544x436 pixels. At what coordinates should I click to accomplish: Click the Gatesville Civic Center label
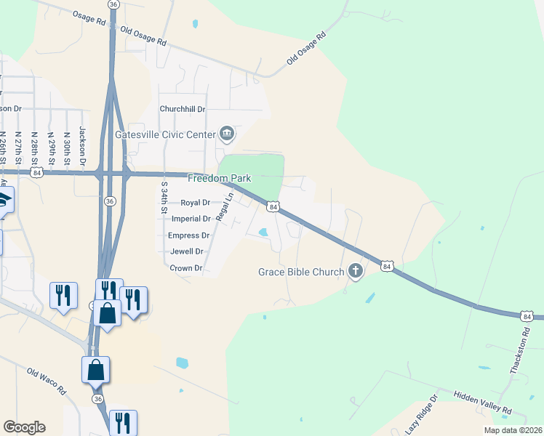pos(166,134)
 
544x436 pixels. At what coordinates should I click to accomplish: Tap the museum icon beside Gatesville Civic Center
pos(226,134)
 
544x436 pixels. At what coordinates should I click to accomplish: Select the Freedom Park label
pos(219,178)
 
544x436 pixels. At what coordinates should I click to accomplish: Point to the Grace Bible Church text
pos(301,272)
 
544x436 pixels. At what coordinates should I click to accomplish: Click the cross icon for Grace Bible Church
pos(356,272)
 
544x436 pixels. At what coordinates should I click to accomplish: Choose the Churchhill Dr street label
pos(183,109)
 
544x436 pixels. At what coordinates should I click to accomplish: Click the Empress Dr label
pos(188,235)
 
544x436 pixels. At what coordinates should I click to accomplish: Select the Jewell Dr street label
pos(187,251)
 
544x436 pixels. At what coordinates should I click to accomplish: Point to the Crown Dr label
pos(185,268)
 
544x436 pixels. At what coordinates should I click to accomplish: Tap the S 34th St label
pos(164,197)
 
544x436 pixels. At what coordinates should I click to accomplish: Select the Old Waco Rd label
pos(47,381)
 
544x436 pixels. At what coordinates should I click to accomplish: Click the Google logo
pos(24,427)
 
